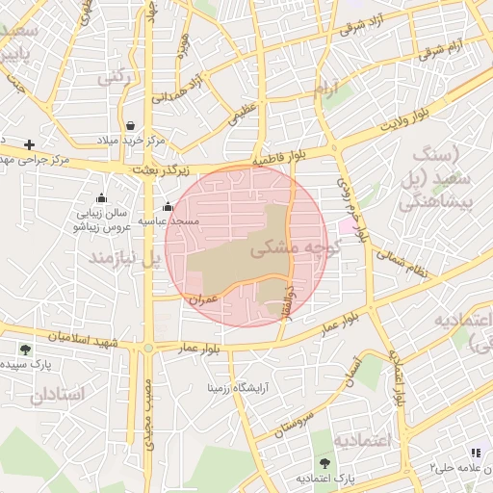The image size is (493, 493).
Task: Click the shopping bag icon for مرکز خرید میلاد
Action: click(x=131, y=125)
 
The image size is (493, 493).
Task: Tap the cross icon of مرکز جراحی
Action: click(x=30, y=144)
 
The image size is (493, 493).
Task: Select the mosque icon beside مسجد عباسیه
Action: click(x=169, y=206)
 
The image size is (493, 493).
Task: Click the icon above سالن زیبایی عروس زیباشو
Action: click(x=101, y=198)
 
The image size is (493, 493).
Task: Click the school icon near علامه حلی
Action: click(x=475, y=453)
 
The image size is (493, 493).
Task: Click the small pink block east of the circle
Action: click(x=345, y=224)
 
